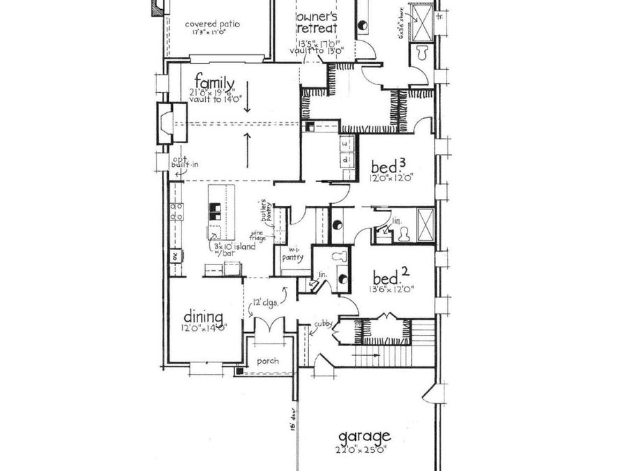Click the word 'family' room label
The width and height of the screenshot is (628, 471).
click(214, 78)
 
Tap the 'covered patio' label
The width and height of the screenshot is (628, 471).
click(212, 24)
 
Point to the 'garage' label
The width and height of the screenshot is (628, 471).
click(366, 437)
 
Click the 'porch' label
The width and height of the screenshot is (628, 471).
click(268, 361)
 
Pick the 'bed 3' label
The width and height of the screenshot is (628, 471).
click(388, 167)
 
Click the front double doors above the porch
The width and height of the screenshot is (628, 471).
click(268, 327)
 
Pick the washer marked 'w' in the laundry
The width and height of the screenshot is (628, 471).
click(345, 144)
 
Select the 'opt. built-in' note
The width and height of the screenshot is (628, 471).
click(185, 160)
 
